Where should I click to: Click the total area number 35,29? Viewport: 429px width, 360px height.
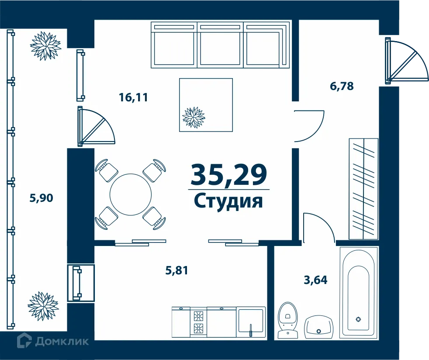[228, 174]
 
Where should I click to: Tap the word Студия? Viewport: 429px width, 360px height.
[228, 202]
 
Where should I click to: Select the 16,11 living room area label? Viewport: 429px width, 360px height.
[134, 97]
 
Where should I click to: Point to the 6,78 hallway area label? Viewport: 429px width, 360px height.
[342, 86]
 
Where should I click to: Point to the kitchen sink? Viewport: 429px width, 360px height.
[250, 322]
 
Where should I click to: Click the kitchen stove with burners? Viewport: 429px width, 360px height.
[198, 322]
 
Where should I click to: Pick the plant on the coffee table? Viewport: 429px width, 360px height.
[193, 118]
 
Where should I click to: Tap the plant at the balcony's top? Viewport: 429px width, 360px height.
[45, 45]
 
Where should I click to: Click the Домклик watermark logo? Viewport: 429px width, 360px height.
[53, 341]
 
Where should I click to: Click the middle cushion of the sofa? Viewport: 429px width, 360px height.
[221, 45]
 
